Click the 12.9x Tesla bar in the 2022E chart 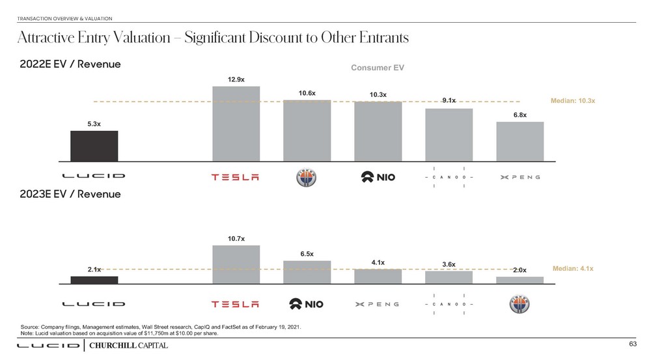click(x=236, y=124)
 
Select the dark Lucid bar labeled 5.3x click(x=94, y=146)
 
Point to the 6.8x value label click(x=519, y=115)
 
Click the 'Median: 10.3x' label click(x=573, y=102)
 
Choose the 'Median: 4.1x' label click(x=573, y=268)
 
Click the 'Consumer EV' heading click(x=378, y=68)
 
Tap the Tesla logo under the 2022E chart click(x=236, y=176)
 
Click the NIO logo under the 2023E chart click(x=307, y=304)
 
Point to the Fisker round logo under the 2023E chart click(x=519, y=304)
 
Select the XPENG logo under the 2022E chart click(x=519, y=176)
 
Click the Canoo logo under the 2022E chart click(x=449, y=176)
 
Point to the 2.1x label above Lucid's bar click(x=94, y=268)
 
